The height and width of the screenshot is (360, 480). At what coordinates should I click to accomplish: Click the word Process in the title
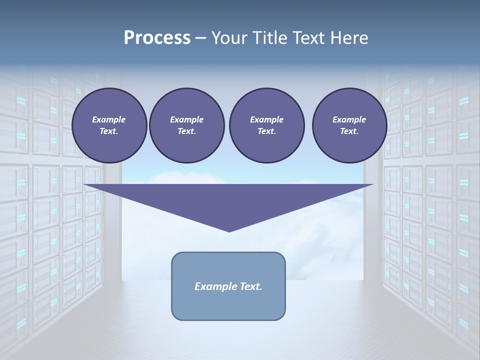pos(157,38)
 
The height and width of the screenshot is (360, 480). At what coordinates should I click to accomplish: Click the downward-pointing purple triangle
pos(229,200)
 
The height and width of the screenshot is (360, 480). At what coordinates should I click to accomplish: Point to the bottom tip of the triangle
pos(229,231)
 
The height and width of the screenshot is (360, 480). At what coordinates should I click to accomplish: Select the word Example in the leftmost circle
pos(109,119)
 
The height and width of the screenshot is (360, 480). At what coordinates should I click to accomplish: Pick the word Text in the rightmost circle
pos(349,131)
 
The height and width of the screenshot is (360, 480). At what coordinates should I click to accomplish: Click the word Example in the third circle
pos(266,119)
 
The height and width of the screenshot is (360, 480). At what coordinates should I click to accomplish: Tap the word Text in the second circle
pos(186,131)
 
